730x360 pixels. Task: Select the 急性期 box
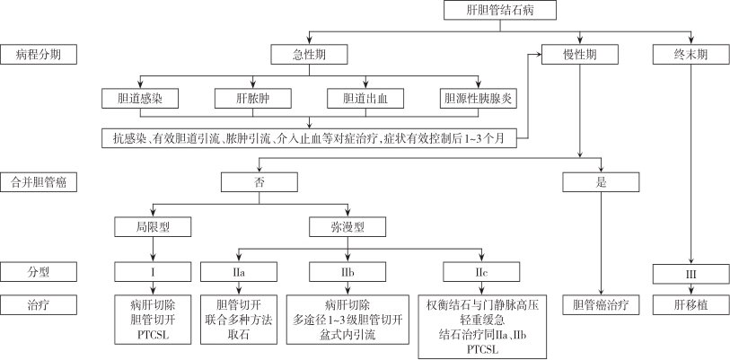click(x=310, y=55)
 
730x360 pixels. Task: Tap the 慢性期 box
click(x=579, y=55)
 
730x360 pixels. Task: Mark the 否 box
click(x=259, y=182)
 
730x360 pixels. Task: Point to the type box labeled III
click(x=690, y=270)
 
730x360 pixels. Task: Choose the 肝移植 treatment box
click(x=690, y=305)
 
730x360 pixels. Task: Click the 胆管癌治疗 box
click(x=601, y=305)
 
